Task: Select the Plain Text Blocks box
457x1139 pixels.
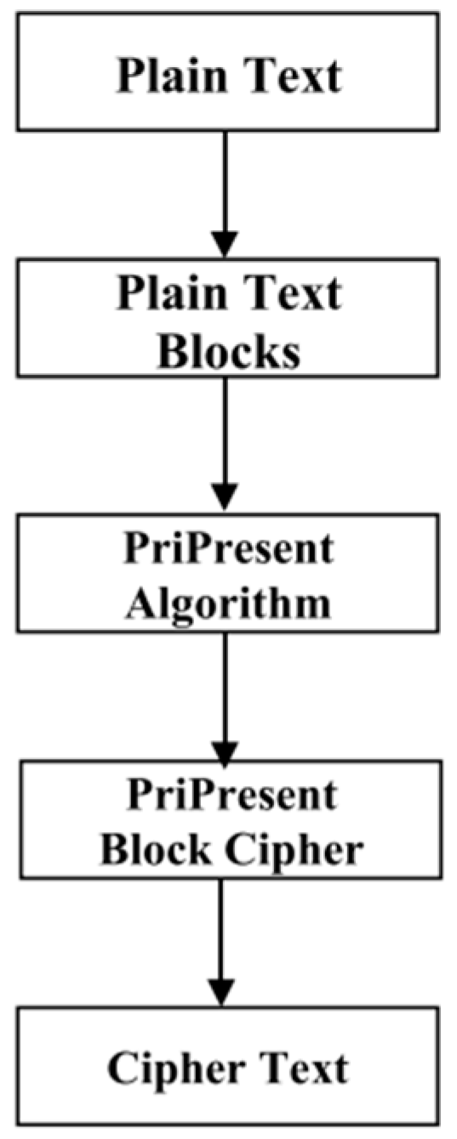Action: point(228,320)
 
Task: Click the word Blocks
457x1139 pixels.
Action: point(229,349)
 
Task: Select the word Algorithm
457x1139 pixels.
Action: point(227,603)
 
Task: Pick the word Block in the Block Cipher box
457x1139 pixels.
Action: point(150,849)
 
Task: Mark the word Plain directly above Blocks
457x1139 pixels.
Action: point(167,293)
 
